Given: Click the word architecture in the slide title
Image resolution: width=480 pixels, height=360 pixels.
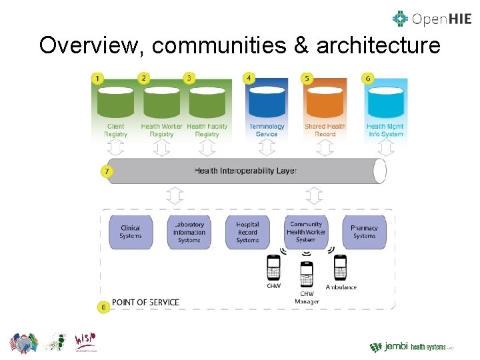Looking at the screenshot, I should coord(379,46).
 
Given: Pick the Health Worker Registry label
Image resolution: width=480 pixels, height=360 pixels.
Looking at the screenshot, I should coord(161,130).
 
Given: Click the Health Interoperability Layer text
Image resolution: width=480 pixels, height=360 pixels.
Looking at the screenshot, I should coord(245,171).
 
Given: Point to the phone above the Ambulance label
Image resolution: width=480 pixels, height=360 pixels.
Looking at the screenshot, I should coord(341,268).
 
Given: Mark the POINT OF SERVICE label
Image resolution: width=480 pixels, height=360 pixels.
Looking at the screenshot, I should coord(145,303).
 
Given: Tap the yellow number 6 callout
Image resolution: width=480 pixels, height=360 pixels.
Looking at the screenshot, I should coord(367,79).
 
